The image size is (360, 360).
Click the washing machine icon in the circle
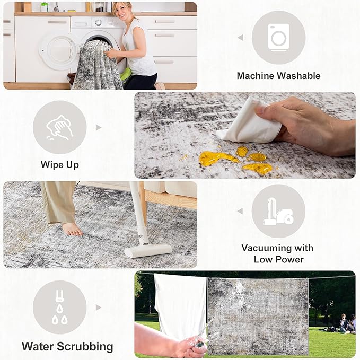pos(278,38)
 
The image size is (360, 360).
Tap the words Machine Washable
pos(278,76)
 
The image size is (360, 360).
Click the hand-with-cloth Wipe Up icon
pos(60,127)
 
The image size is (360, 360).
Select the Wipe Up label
pos(60,165)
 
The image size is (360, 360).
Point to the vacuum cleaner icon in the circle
pos(278,211)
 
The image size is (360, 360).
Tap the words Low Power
pos(279,260)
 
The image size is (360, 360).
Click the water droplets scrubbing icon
pos(60,308)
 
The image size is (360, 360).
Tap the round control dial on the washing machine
pos(98,23)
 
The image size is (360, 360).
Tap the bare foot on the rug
pos(72,229)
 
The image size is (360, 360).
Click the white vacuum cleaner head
pos(148,250)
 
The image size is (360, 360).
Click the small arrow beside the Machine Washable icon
pos(240,38)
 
